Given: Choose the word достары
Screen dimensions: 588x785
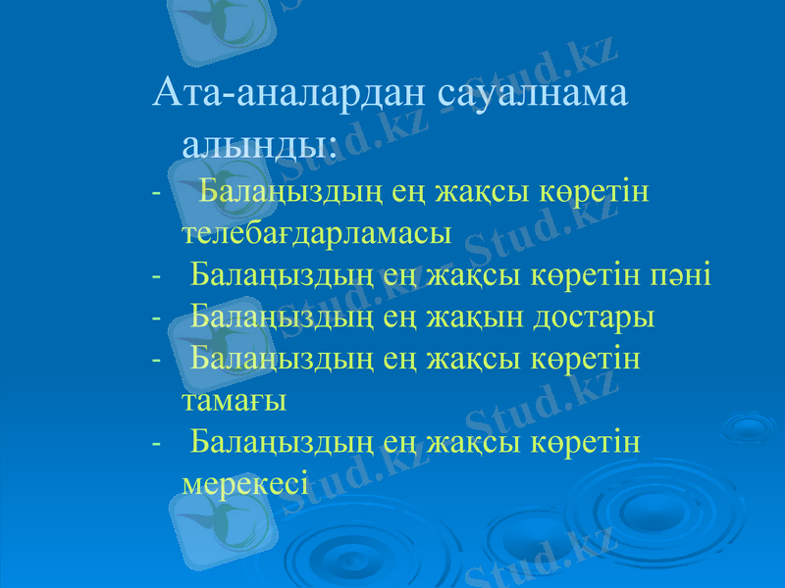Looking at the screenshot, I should [594, 318].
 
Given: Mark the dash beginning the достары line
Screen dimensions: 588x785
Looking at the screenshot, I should [157, 318].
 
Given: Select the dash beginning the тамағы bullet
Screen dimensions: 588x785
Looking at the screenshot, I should [157, 359].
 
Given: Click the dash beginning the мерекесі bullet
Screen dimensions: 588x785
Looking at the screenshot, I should [157, 442].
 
